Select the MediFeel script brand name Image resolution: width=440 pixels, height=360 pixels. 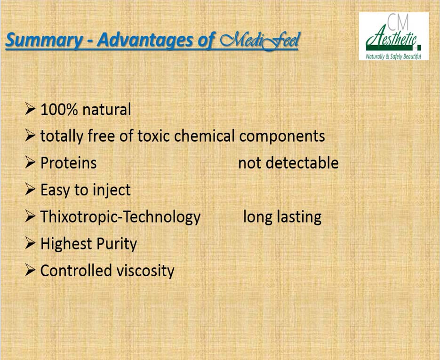tap(260, 41)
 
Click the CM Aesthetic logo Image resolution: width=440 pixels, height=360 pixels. tap(394, 36)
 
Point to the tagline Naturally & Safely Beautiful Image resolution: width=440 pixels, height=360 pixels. tap(393, 56)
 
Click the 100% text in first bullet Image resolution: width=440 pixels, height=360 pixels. tap(59, 109)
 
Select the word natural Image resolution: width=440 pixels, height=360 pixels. tap(107, 109)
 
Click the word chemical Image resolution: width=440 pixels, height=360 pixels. tap(204, 136)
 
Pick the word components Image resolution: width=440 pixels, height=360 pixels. tap(282, 136)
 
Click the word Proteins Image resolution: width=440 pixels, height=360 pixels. tap(68, 163)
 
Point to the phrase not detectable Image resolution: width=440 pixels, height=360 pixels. tap(288, 163)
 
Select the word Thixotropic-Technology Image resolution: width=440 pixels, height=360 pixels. tap(120, 217)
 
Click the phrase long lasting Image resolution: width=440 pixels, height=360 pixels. tap(282, 217)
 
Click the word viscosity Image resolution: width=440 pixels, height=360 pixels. tap(145, 271)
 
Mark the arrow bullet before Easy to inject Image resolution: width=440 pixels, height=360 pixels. tap(30, 189)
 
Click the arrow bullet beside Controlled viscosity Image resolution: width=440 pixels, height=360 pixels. tap(30, 270)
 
